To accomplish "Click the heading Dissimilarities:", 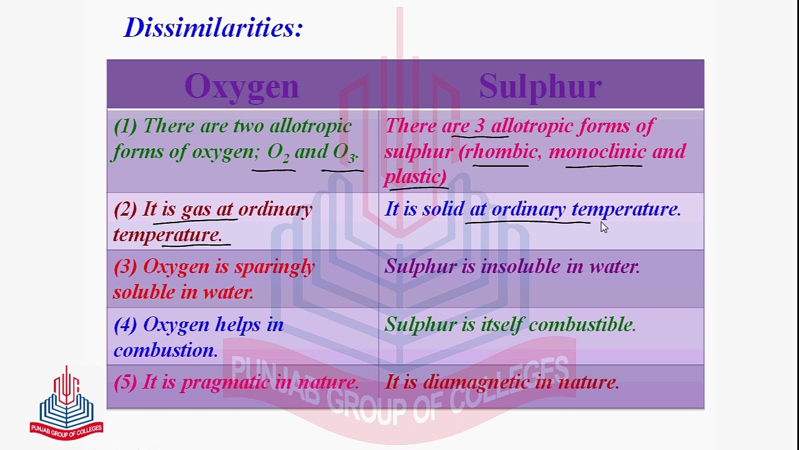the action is click(x=213, y=27).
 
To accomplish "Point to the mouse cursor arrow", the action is click(x=604, y=227).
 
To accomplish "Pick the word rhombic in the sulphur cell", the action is click(x=501, y=151).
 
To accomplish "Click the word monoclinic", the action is click(x=597, y=151).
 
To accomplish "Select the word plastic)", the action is click(x=416, y=176).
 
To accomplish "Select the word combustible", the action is click(x=582, y=324).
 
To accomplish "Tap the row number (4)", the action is click(x=125, y=325).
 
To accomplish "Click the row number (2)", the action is click(x=125, y=209).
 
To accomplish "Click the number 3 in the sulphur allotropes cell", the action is click(x=480, y=126).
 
